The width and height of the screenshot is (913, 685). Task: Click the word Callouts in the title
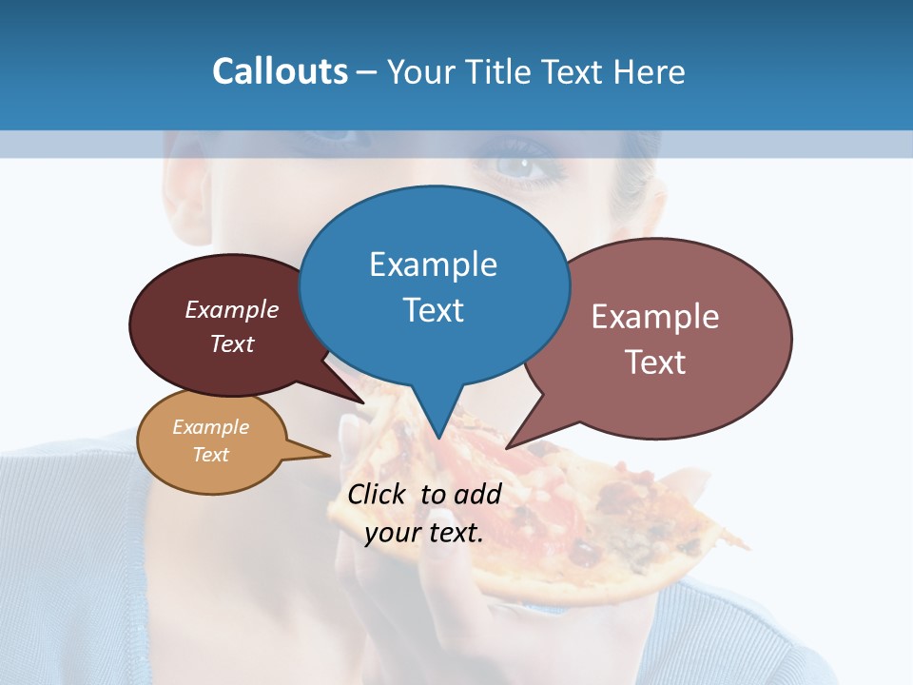280,71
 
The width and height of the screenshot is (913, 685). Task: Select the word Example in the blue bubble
433,264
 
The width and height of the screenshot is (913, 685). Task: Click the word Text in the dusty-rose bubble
655,362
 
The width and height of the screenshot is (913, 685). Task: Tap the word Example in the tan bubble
210,427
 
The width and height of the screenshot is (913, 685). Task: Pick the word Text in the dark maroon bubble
232,344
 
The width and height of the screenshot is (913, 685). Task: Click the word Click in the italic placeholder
378,494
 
